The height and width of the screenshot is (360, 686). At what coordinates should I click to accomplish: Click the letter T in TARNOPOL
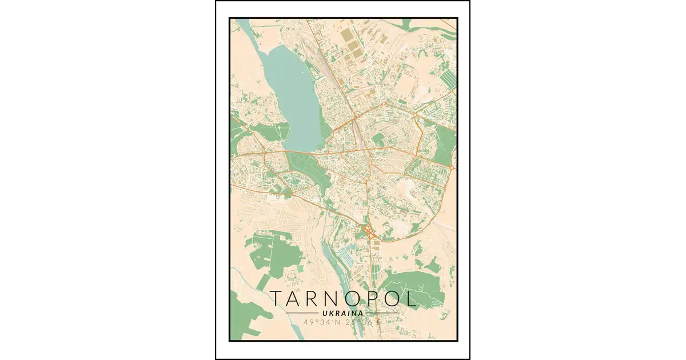[x=276, y=299]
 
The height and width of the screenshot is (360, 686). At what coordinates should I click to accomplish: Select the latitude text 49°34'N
[x=322, y=322]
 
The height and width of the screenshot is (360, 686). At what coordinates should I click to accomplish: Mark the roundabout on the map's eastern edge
[x=452, y=167]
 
